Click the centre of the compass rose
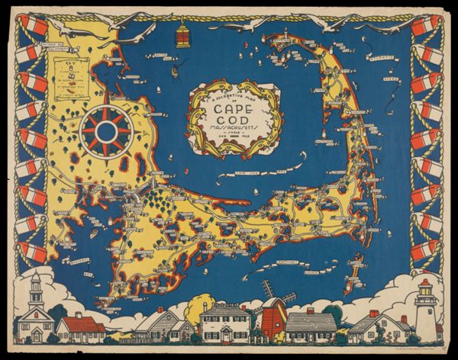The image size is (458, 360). (x=107, y=132)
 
